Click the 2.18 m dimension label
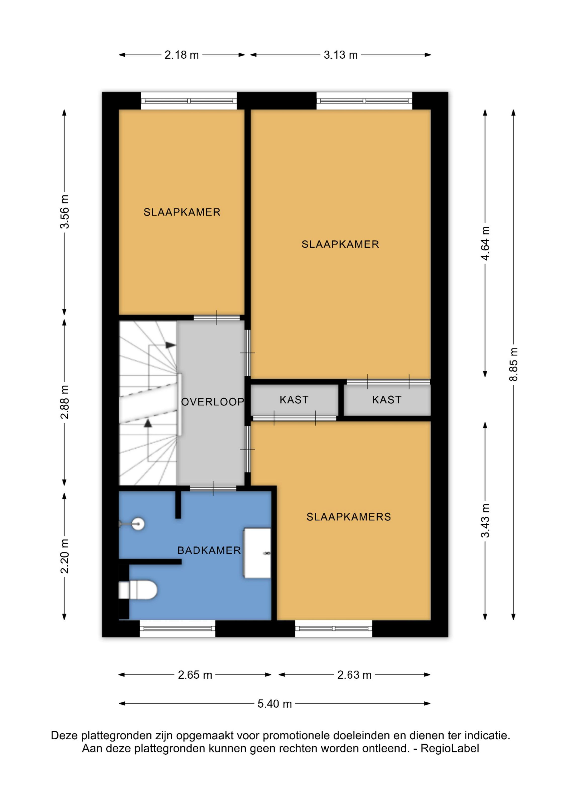point(182,55)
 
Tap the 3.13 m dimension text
point(340,55)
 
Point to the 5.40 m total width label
point(275,704)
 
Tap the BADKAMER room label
point(209,550)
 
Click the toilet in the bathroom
point(138,590)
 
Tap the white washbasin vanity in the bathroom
point(257,553)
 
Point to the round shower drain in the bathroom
point(138,524)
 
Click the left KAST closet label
point(294,400)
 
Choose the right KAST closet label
point(386,400)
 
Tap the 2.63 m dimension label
point(354,675)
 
